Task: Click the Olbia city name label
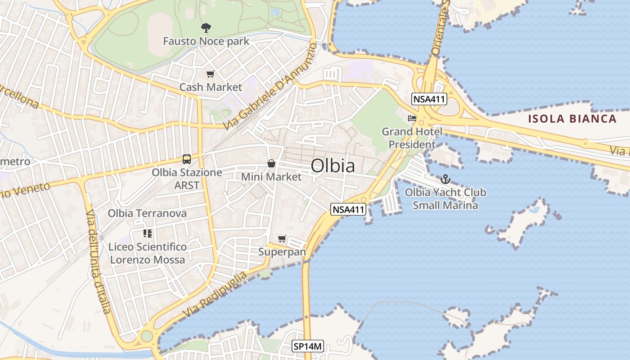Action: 333,166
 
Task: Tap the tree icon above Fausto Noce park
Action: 206,28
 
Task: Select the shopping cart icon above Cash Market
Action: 210,74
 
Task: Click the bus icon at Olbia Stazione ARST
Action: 186,159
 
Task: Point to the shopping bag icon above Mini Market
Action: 271,163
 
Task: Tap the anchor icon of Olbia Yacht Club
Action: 445,179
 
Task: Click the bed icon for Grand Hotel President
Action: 412,118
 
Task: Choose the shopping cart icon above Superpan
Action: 282,238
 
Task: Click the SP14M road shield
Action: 308,346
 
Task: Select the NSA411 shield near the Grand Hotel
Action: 428,99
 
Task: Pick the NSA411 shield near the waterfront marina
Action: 348,209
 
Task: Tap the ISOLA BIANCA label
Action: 572,119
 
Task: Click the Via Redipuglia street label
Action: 215,294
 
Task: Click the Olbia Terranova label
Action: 147,213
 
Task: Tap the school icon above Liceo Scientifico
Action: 147,233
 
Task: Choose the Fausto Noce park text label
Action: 206,41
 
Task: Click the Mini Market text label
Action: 271,177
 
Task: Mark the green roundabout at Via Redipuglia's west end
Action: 147,336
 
